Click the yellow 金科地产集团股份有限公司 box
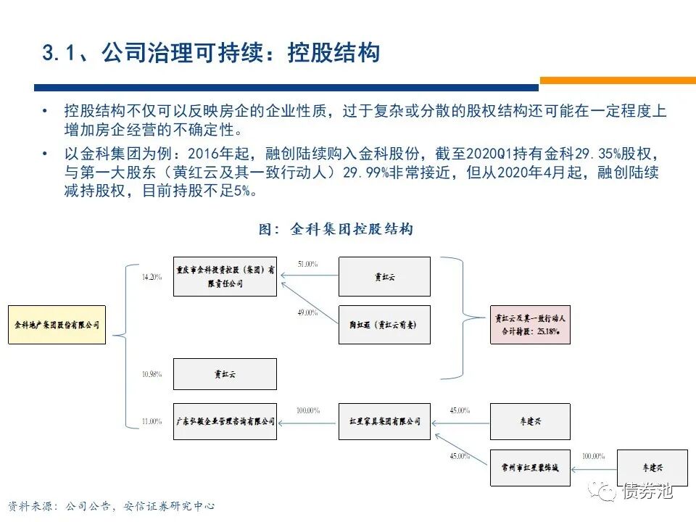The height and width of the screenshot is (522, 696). [57, 324]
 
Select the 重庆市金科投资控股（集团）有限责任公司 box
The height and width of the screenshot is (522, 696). [225, 276]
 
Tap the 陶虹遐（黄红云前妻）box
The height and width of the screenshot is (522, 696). [384, 324]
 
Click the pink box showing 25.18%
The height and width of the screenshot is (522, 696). [530, 324]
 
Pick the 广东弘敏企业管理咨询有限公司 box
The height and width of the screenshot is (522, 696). [225, 421]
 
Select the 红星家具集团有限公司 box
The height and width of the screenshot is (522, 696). [384, 421]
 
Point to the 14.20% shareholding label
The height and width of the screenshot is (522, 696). [152, 277]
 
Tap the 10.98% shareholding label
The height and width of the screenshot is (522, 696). [152, 374]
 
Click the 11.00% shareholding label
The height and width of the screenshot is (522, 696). [152, 421]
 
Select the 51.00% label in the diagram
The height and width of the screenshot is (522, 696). [307, 265]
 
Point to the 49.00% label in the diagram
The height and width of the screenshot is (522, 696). [307, 312]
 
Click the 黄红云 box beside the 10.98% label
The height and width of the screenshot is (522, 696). [225, 373]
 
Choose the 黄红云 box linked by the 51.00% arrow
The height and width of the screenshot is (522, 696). [384, 276]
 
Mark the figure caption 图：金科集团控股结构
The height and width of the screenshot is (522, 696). [336, 229]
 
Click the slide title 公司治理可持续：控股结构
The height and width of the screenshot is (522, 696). [211, 53]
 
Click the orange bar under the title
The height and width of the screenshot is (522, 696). [617, 81]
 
